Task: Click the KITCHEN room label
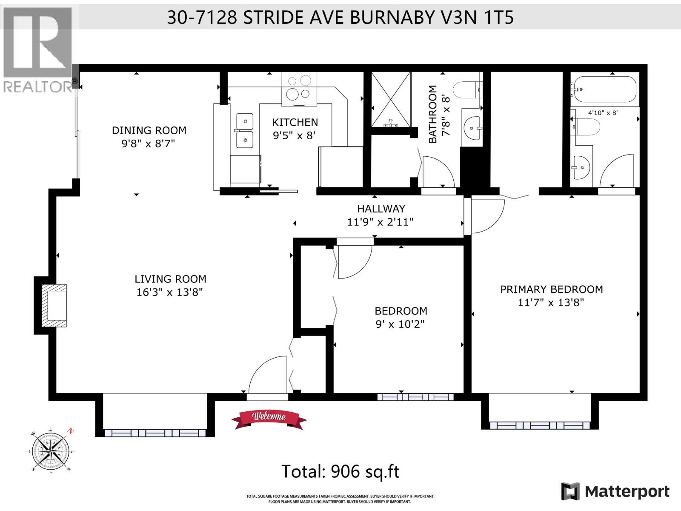click(x=295, y=122)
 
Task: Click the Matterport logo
click(x=615, y=491)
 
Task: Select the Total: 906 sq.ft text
click(x=340, y=471)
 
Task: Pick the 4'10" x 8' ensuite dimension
click(x=603, y=113)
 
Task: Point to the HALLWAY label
click(x=381, y=209)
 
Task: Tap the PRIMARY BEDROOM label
click(x=551, y=289)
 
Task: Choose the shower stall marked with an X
click(x=391, y=100)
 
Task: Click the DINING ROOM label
click(x=149, y=130)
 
